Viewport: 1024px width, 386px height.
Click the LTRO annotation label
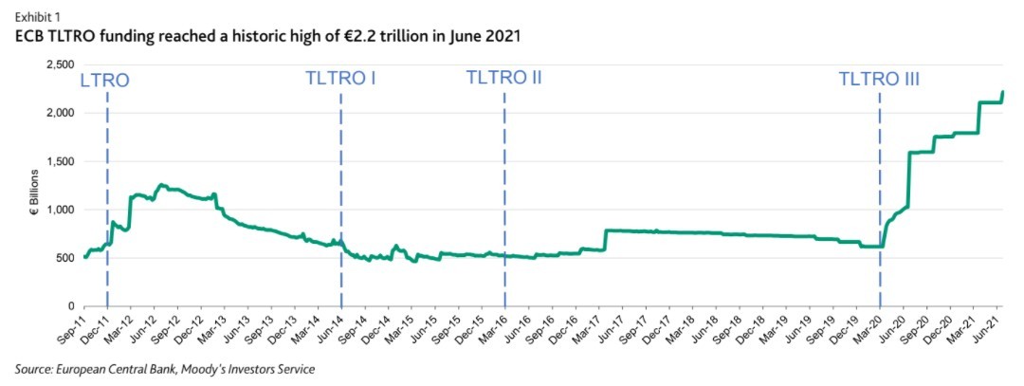coord(105,80)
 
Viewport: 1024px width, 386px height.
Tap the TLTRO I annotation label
coord(341,78)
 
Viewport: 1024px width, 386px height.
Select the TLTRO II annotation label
coord(503,78)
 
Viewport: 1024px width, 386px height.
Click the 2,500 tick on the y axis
coord(60,64)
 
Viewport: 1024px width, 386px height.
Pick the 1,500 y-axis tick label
coord(60,161)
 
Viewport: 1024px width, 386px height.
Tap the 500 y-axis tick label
coord(64,258)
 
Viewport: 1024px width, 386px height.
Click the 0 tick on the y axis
coord(71,306)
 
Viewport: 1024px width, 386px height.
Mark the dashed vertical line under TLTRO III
coord(880,190)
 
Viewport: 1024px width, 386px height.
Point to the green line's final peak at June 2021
coord(1002,92)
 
